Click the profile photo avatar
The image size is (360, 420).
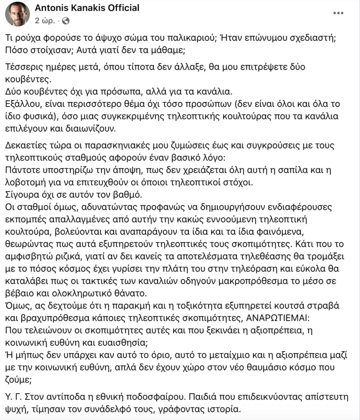tap(17, 14)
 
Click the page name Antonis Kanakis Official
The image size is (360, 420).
tap(87, 8)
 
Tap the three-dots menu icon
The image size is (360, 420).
tap(338, 13)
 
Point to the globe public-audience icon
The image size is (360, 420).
tap(66, 20)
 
